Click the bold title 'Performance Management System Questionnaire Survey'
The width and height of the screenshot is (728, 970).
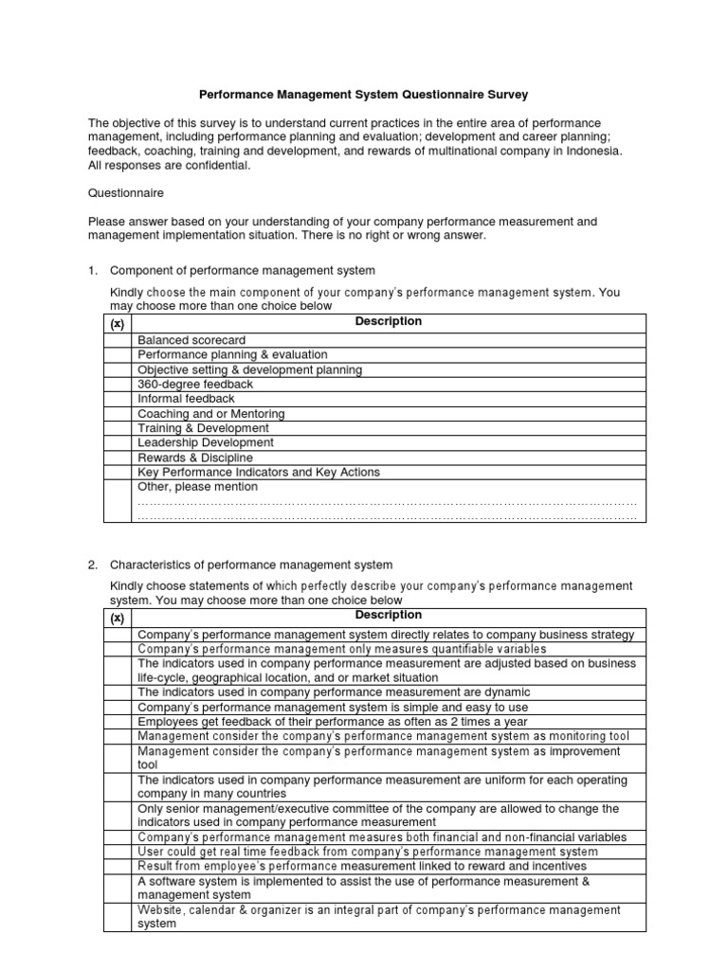pyautogui.click(x=363, y=95)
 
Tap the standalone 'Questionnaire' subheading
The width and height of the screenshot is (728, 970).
pyautogui.click(x=125, y=193)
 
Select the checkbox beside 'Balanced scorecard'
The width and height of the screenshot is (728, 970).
pyautogui.click(x=118, y=340)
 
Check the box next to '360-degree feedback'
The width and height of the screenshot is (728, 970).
pyautogui.click(x=118, y=385)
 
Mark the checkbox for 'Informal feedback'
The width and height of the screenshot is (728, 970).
pyautogui.click(x=118, y=399)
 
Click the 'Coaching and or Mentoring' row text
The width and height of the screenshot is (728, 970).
pyautogui.click(x=211, y=414)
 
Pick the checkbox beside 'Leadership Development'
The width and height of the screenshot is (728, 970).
pyautogui.click(x=118, y=442)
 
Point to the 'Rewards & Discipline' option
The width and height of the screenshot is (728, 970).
pyautogui.click(x=195, y=458)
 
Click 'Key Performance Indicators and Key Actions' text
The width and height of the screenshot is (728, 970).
pyautogui.click(x=259, y=472)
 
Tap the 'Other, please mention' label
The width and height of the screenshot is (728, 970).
pyautogui.click(x=197, y=487)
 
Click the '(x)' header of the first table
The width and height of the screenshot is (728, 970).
pyautogui.click(x=118, y=323)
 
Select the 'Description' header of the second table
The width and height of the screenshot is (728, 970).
pyautogui.click(x=388, y=616)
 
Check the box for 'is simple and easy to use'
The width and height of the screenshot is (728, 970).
pyautogui.click(x=118, y=707)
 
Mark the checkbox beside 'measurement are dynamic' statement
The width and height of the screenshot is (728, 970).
pyautogui.click(x=118, y=692)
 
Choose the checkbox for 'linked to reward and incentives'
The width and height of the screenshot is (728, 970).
pyautogui.click(x=118, y=866)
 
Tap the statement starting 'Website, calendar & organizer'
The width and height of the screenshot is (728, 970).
pyautogui.click(x=379, y=916)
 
